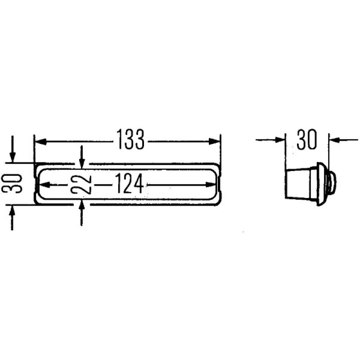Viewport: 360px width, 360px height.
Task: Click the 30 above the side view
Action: pyautogui.click(x=307, y=139)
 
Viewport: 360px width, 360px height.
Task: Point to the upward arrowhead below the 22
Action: pyautogui.click(x=81, y=207)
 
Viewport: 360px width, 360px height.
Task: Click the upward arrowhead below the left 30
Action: pyautogui.click(x=13, y=211)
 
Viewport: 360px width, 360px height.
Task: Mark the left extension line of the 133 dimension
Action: pyautogui.click(x=35, y=148)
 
